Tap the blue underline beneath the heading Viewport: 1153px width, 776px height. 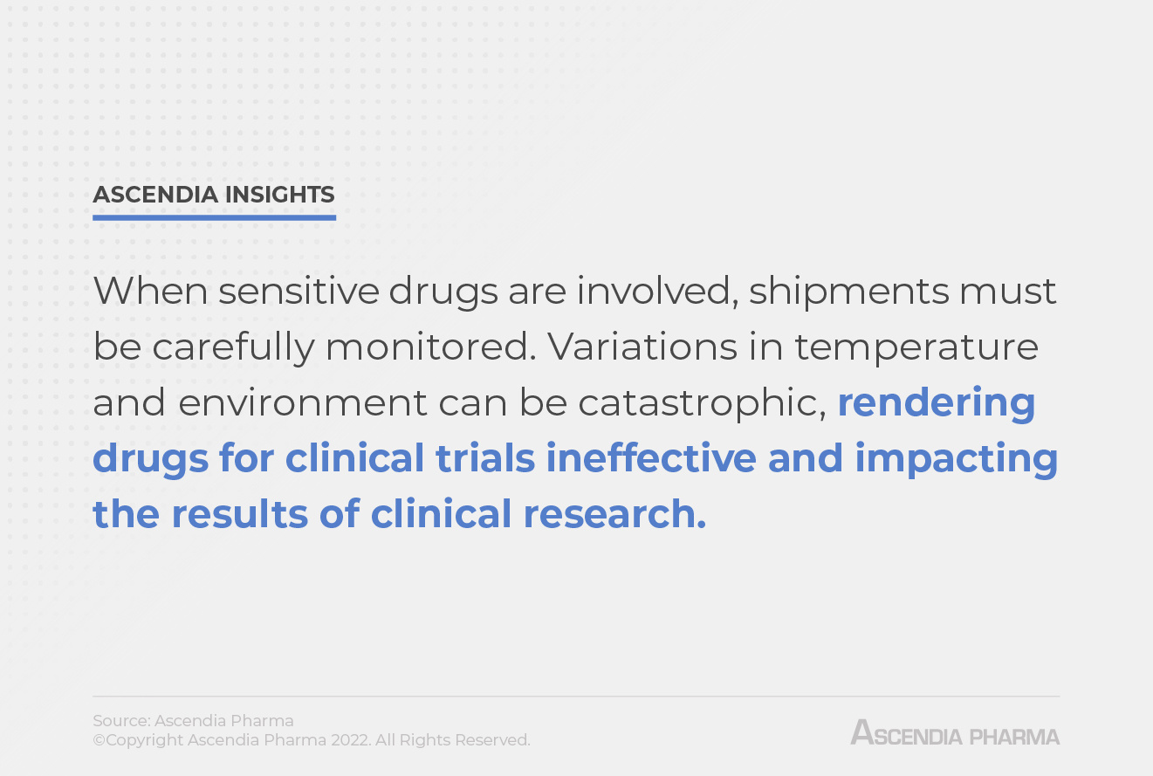(x=214, y=217)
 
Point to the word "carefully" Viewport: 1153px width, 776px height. (x=233, y=347)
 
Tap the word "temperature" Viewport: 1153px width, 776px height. (x=916, y=347)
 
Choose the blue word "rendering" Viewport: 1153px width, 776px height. (x=937, y=402)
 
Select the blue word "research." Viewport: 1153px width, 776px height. (x=614, y=514)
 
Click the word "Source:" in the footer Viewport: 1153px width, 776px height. (x=121, y=721)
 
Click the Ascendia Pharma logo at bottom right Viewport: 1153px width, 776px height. (x=955, y=732)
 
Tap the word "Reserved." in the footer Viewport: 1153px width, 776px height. (x=492, y=740)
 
